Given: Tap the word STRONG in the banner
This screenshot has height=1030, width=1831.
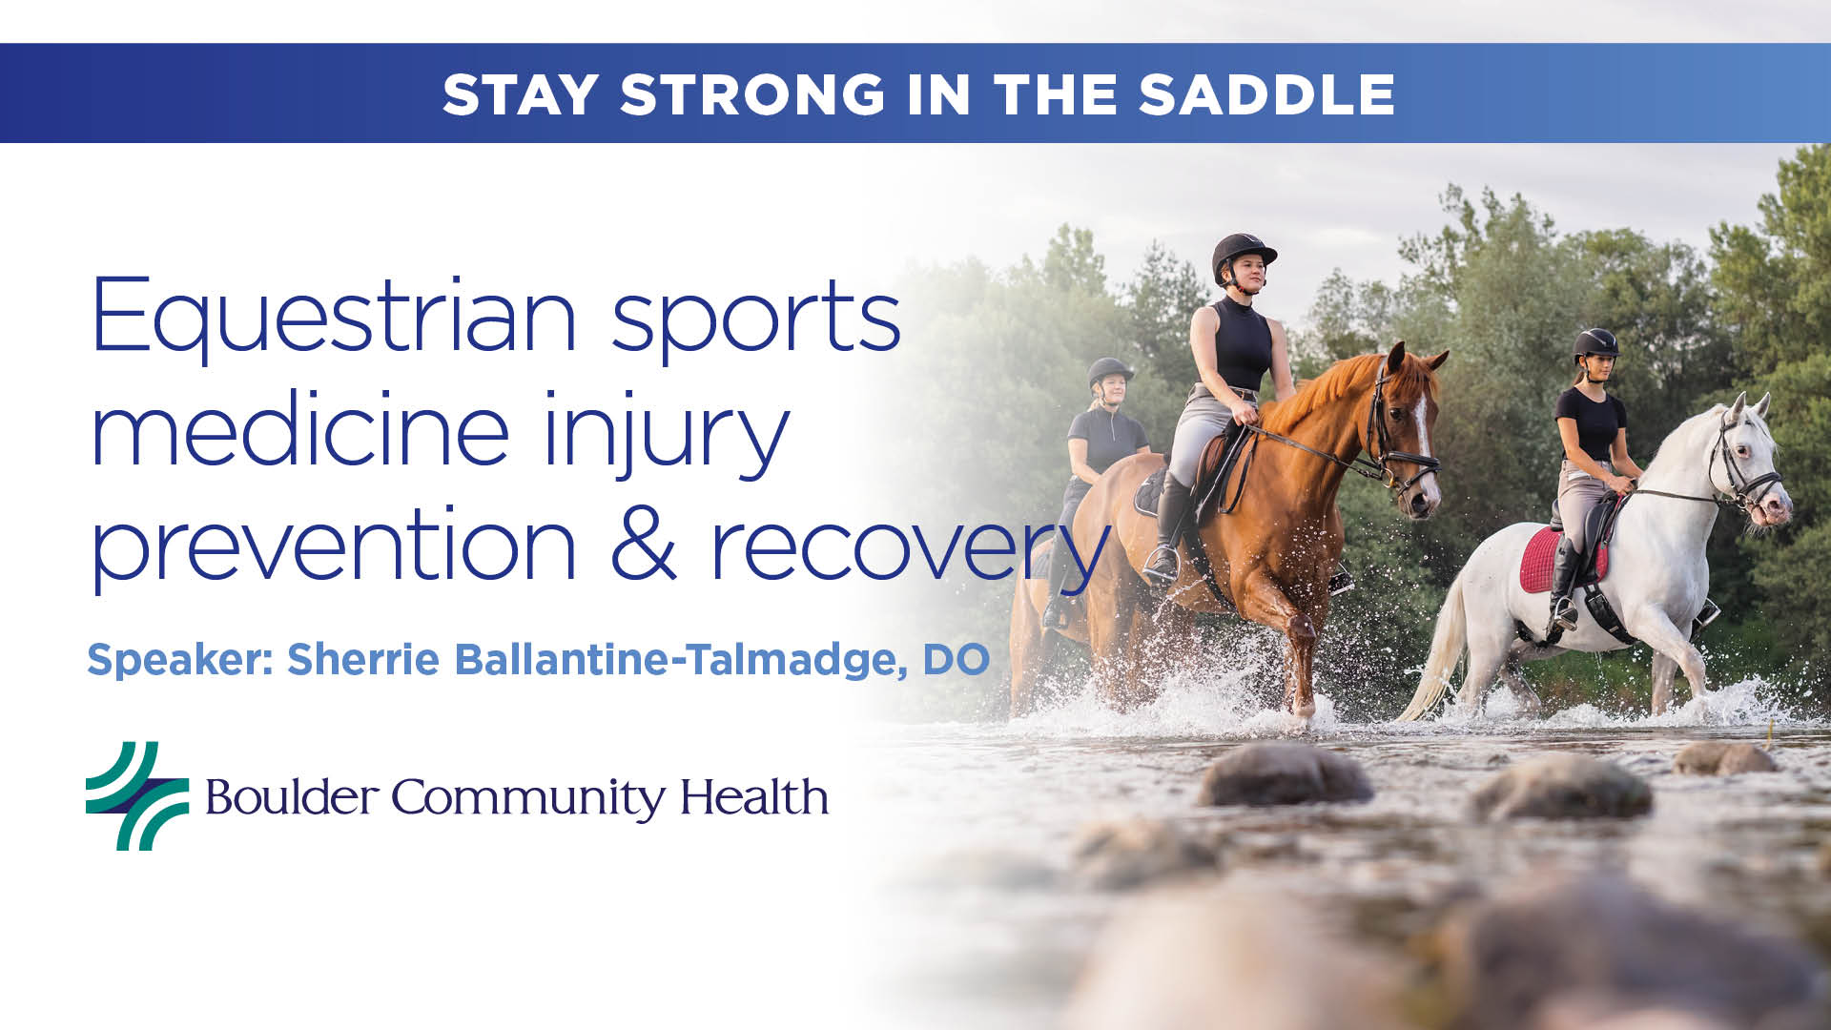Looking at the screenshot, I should (x=753, y=94).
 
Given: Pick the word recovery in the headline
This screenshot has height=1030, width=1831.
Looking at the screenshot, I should (x=911, y=548).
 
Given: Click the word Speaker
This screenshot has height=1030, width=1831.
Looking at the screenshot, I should (x=181, y=660).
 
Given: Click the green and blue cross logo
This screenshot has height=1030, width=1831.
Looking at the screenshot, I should (x=137, y=796).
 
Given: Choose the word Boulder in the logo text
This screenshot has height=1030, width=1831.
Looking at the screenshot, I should (x=292, y=797).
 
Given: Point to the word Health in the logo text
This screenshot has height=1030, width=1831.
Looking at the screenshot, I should (x=753, y=797).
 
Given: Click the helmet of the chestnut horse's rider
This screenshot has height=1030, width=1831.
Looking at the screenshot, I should (x=1242, y=252).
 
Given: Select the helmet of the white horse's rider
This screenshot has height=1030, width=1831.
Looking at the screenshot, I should (x=1595, y=342).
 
